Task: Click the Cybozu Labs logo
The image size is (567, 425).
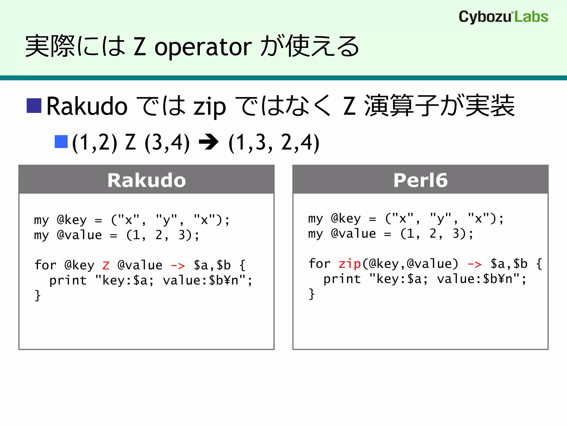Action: (x=503, y=17)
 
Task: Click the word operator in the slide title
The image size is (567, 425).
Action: (x=203, y=47)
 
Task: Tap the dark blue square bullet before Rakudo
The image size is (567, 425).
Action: (x=34, y=106)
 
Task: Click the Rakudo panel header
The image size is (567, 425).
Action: (x=146, y=180)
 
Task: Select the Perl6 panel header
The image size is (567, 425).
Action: (x=420, y=180)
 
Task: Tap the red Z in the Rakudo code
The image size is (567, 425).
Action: (x=106, y=265)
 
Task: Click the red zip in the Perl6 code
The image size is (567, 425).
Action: (x=350, y=264)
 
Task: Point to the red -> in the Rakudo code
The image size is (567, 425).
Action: (x=178, y=266)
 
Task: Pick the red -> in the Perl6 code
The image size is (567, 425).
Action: (x=475, y=264)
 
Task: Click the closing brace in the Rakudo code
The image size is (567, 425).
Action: (x=38, y=295)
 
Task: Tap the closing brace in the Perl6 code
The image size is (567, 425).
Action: (x=312, y=294)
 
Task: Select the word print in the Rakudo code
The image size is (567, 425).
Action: (x=68, y=280)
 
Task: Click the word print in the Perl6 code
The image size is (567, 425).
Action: (x=342, y=279)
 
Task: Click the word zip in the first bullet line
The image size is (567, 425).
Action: (x=210, y=107)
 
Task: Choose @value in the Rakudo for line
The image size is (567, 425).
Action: (x=140, y=265)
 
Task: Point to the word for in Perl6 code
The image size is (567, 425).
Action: (x=319, y=263)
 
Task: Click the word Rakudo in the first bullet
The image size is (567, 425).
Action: (x=87, y=106)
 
